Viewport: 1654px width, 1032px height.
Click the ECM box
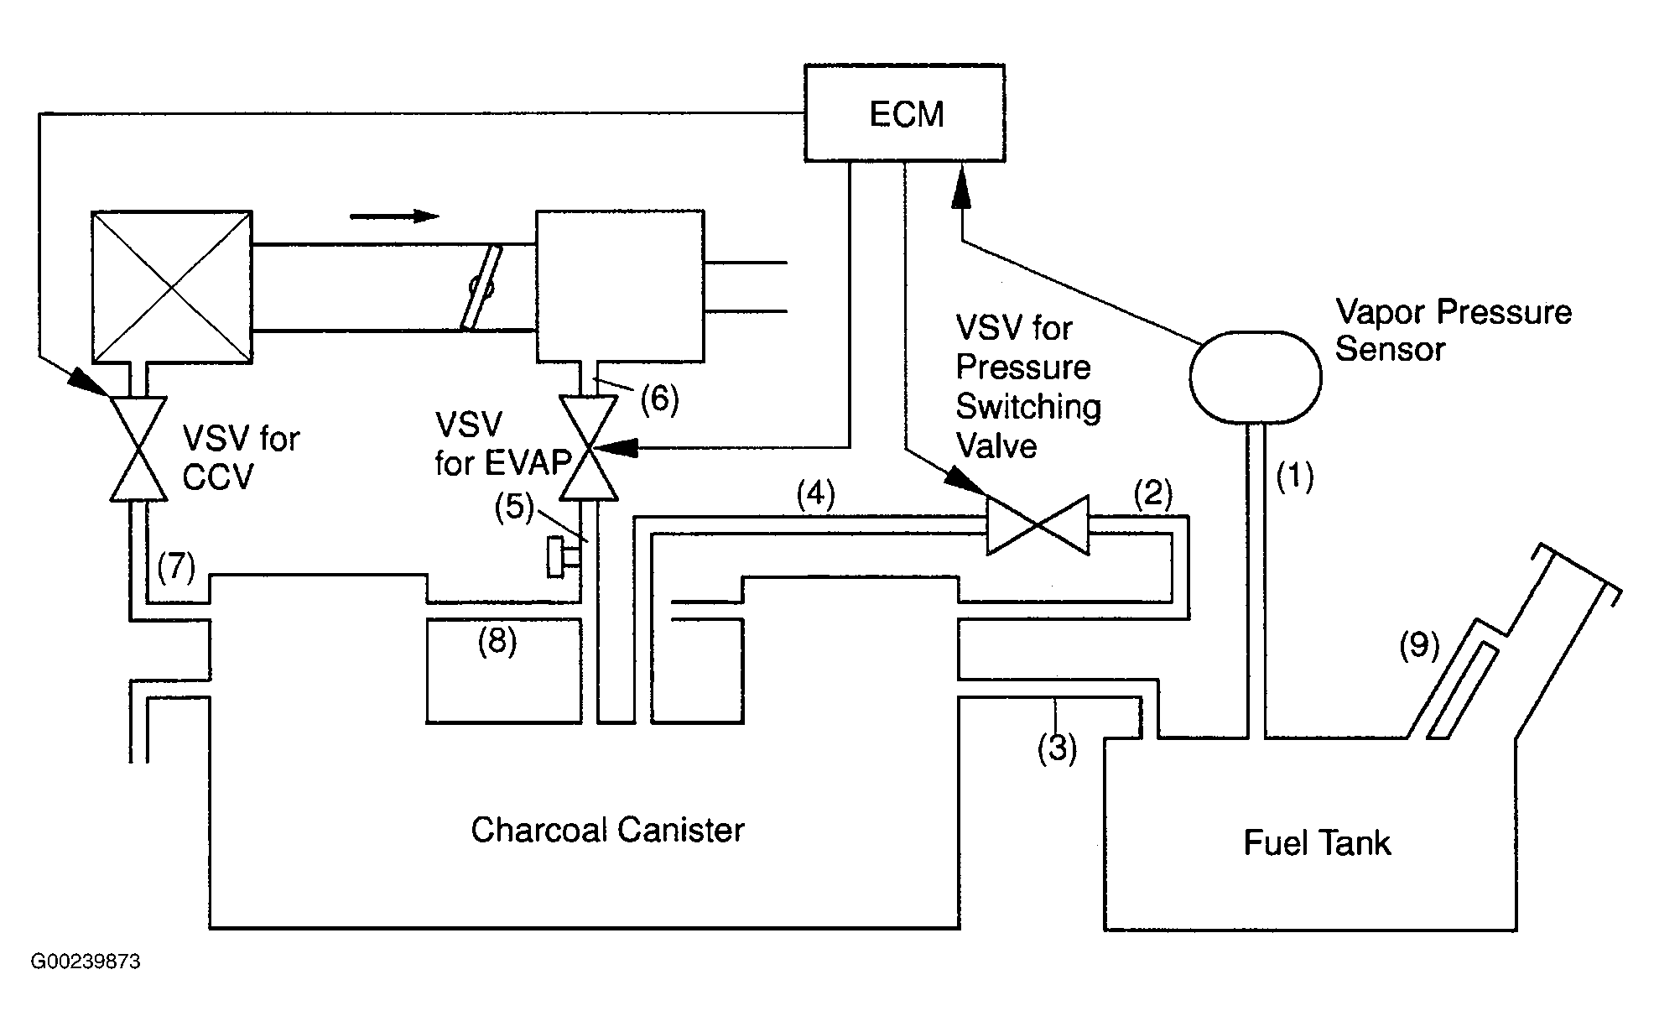coord(904,112)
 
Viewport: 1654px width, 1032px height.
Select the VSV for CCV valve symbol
coord(138,448)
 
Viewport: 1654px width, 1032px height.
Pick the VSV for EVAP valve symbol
coord(589,448)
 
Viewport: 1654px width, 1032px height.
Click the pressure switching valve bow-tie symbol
coord(1038,525)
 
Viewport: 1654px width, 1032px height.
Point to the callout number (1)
coord(1294,477)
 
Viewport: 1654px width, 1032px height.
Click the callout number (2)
coord(1152,494)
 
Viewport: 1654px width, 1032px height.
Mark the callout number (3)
coord(1056,748)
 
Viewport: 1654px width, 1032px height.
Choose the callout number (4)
coord(815,495)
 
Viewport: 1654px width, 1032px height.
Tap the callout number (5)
coord(513,508)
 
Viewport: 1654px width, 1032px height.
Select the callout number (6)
coord(659,399)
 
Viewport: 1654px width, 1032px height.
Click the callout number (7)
coord(175,568)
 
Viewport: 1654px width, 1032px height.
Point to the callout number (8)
coord(497,642)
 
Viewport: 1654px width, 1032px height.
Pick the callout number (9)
coord(1418,644)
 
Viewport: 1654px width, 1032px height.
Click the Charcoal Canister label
coord(607,831)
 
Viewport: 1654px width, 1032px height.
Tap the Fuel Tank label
coord(1316,843)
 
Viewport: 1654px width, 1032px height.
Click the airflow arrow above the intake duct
coord(394,216)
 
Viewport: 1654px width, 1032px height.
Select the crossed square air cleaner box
coord(171,287)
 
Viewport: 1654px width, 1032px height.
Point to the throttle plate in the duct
coord(481,288)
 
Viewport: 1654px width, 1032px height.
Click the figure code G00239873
coord(86,962)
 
